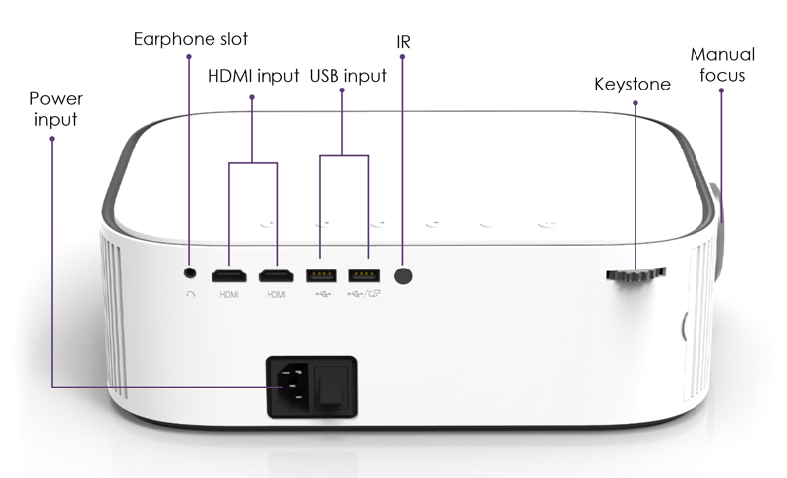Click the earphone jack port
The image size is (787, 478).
(x=190, y=272)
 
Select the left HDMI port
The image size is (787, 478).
(x=229, y=276)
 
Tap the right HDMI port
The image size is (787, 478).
(x=276, y=276)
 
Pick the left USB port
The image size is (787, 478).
(x=322, y=276)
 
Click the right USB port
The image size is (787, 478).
(x=364, y=276)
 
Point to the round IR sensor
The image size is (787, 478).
(x=403, y=275)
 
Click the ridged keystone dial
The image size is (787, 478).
(x=636, y=274)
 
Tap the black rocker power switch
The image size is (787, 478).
(x=332, y=386)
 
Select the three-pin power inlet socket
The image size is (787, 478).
(x=289, y=386)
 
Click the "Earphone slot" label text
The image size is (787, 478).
(x=191, y=39)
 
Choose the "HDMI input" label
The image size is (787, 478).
(x=254, y=76)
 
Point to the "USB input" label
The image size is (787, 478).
(x=348, y=76)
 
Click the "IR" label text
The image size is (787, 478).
(x=403, y=42)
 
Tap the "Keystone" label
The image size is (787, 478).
(x=633, y=85)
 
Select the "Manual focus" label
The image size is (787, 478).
(x=722, y=65)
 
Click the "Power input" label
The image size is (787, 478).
(x=56, y=109)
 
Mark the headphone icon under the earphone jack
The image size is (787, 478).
(x=190, y=294)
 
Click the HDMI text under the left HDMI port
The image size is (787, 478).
(x=229, y=294)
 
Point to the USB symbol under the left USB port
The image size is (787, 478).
(x=323, y=294)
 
